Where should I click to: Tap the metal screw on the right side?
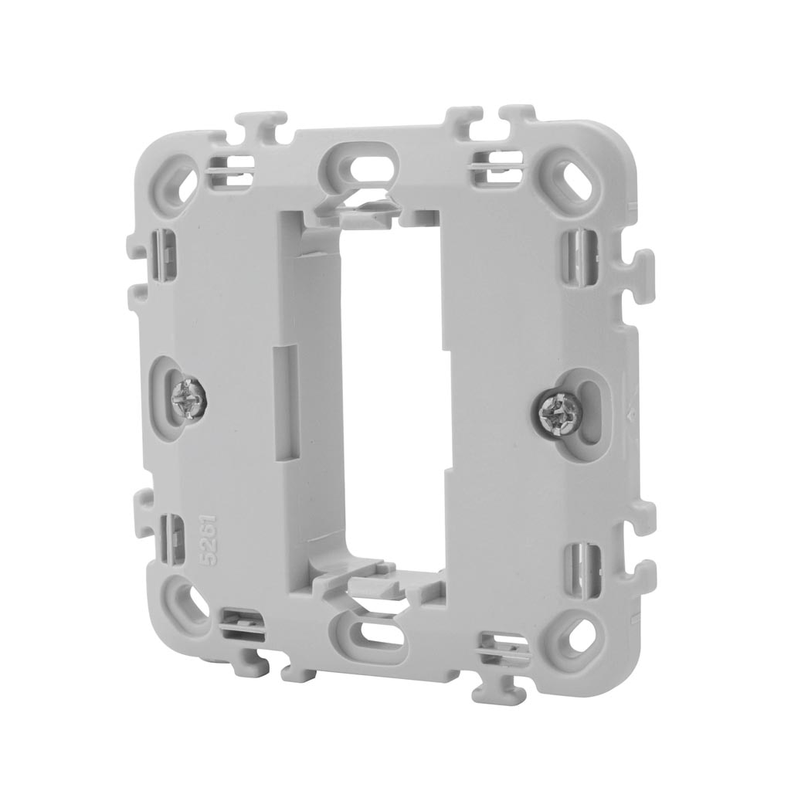[555, 409]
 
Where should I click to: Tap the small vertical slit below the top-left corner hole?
[165, 249]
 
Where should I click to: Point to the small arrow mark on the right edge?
[631, 412]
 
